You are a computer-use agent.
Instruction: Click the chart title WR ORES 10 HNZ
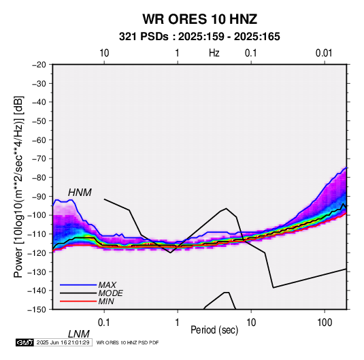pyautogui.click(x=199, y=19)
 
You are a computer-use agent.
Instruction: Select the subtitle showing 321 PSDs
pyautogui.click(x=199, y=37)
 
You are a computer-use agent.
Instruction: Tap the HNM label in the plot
pyautogui.click(x=80, y=193)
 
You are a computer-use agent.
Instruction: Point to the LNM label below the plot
pyautogui.click(x=78, y=334)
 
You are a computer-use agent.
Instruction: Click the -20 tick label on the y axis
pyautogui.click(x=39, y=65)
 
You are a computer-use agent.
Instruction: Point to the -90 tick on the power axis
pyautogui.click(x=39, y=197)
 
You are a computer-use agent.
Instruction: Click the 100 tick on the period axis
pyautogui.click(x=325, y=323)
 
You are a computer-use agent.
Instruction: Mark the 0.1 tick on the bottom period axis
pyautogui.click(x=104, y=323)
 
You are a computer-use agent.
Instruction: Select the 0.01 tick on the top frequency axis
pyautogui.click(x=324, y=53)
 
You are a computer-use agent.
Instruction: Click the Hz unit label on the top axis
pyautogui.click(x=214, y=53)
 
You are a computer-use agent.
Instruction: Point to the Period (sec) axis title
pyautogui.click(x=214, y=330)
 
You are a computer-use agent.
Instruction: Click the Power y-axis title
pyautogui.click(x=18, y=187)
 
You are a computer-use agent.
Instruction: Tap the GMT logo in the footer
pyautogui.click(x=24, y=342)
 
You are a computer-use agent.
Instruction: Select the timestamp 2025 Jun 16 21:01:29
pyautogui.click(x=63, y=342)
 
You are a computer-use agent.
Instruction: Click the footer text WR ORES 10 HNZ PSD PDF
pyautogui.click(x=127, y=342)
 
